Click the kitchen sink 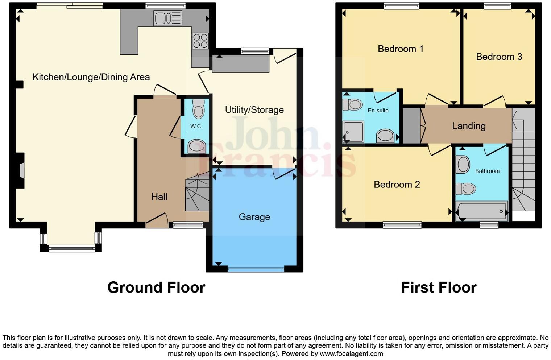point(167,18)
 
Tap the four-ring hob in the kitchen point(200,41)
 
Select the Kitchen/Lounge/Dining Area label point(91,77)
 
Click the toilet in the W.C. point(198,109)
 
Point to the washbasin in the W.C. point(197,146)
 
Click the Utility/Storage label point(254,110)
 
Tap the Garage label point(254,217)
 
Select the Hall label point(159,197)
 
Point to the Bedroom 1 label point(400,49)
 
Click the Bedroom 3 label point(499,57)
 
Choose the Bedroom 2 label point(397,185)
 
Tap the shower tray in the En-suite point(353,132)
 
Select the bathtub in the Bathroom point(482,211)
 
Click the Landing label point(468,126)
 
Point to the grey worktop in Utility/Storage point(241,64)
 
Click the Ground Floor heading point(156,287)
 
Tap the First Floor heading point(438,287)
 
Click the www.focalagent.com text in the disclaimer point(351,354)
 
